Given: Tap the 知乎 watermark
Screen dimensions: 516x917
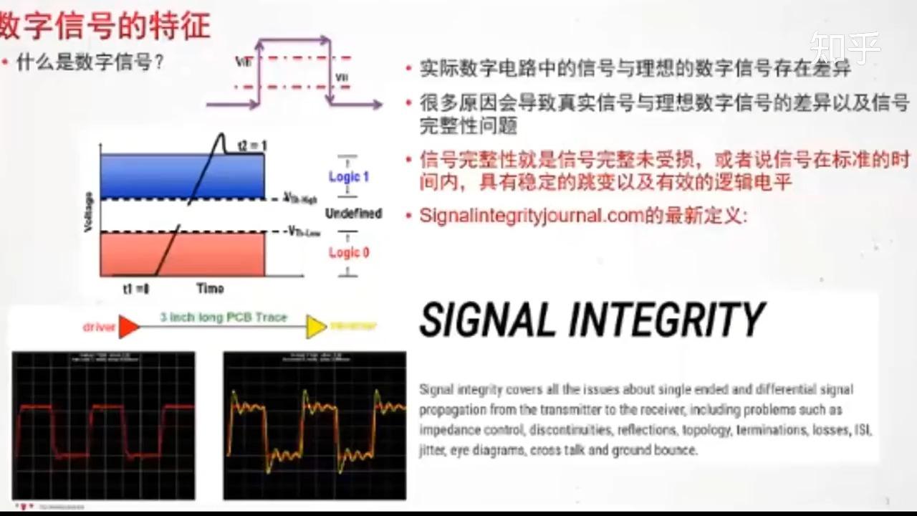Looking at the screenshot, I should pos(845,49).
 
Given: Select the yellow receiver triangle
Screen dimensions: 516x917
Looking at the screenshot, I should pos(316,326).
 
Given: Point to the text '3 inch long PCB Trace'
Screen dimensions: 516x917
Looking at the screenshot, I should pos(223,317).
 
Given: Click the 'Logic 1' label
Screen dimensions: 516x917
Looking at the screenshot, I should pos(349,176).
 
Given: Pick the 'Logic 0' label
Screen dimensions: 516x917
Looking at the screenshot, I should pos(349,252).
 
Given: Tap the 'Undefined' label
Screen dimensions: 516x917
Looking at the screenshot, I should pos(353,214).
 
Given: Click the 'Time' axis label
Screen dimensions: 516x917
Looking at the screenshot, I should pos(210,288).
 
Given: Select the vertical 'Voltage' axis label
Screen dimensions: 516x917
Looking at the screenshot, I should pos(89,212).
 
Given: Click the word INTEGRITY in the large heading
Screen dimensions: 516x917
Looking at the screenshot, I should pos(666,320).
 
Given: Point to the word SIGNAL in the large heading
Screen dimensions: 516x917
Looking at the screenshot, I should pos(487,320).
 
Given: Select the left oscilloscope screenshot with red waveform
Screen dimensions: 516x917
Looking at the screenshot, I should pos(103,425).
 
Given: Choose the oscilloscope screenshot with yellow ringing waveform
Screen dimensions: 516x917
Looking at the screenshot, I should pos(315,425).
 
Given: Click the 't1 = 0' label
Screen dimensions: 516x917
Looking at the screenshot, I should pos(135,288).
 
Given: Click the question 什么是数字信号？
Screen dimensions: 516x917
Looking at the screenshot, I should pos(90,62).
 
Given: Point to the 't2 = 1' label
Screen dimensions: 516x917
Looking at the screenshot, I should pos(253,145).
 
